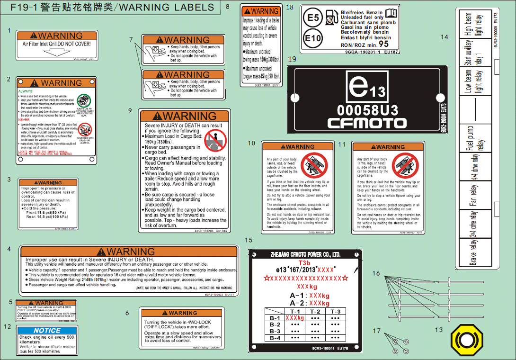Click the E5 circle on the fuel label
pos(313,18)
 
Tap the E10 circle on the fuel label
pos(313,38)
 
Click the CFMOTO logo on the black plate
pos(367,123)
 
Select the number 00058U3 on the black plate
pos(367,110)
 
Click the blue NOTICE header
pos(47,330)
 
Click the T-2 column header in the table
pos(315,311)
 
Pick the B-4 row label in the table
pos(275,338)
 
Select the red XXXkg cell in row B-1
pos(295,318)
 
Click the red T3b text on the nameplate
pos(304,263)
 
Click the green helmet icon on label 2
pos(84,100)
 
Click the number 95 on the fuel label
pos(383,44)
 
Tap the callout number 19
pos(292,59)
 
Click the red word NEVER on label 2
pos(24,120)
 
